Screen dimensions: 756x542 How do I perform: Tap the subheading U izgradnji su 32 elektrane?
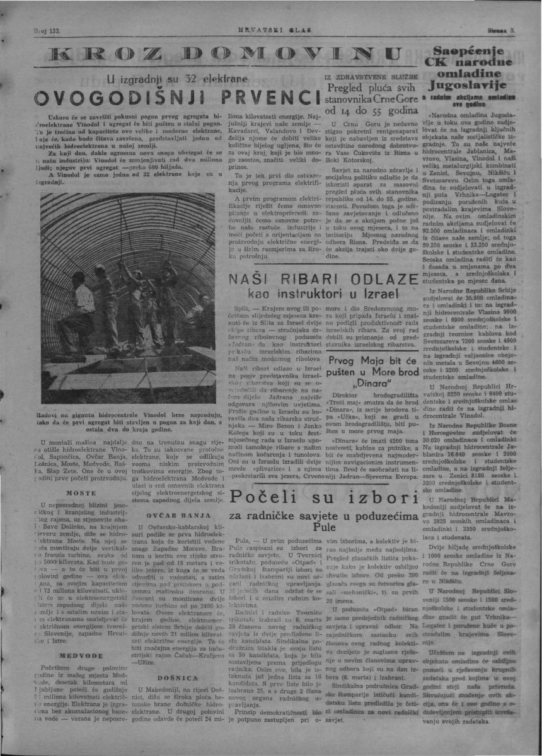pyautogui.click(x=162, y=79)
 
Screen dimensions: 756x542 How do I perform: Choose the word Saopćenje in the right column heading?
pyautogui.click(x=483, y=50)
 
